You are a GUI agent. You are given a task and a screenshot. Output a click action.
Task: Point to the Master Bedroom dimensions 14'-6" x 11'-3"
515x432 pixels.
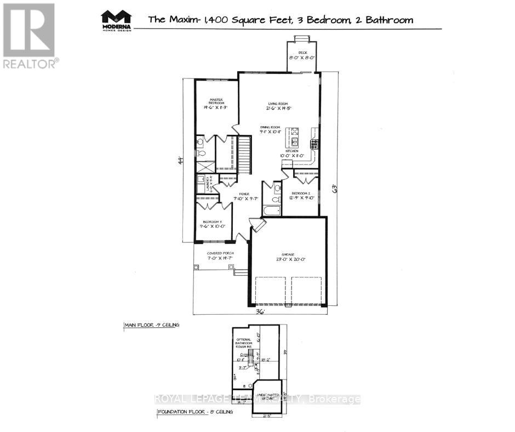215,107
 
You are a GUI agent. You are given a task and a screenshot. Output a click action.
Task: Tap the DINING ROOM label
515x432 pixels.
271,127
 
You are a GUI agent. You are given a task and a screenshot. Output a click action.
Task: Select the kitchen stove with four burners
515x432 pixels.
314,144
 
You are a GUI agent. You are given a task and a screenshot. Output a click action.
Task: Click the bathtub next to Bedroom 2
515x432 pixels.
271,210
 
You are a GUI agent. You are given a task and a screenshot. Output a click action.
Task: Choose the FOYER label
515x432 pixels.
241,193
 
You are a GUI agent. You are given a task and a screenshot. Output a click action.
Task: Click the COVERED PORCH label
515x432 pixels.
220,253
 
